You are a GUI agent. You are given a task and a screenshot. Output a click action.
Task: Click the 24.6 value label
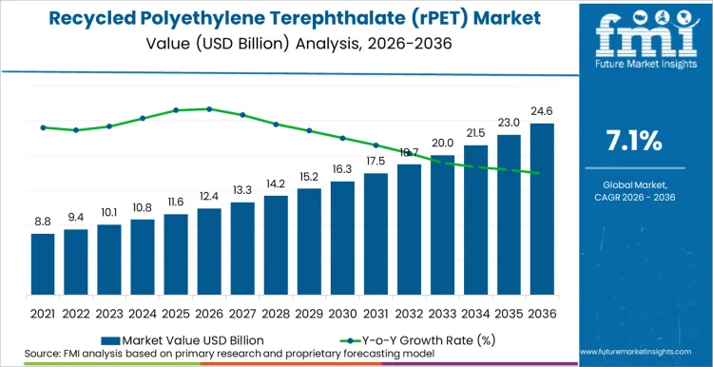[x=542, y=111]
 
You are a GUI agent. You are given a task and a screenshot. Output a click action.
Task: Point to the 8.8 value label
[x=43, y=222]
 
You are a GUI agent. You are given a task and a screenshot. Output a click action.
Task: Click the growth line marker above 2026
[x=209, y=109]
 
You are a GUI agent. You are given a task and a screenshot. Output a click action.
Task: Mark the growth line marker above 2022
[x=76, y=130]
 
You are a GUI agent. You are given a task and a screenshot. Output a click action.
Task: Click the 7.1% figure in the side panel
[x=634, y=142]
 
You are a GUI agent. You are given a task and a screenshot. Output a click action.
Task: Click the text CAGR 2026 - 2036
[x=634, y=197]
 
